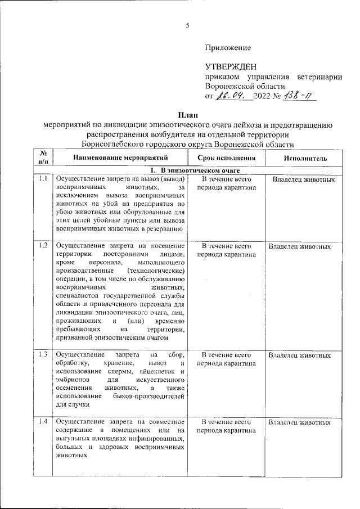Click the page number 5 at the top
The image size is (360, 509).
(188, 25)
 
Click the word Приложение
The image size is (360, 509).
(228, 48)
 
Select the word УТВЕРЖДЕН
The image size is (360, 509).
(231, 67)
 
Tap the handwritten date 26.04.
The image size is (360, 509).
(232, 96)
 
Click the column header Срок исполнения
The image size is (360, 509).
(226, 159)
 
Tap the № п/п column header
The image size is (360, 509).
(43, 157)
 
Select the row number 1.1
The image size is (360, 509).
(43, 179)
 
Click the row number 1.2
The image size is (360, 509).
(43, 246)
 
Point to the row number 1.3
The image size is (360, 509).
(43, 355)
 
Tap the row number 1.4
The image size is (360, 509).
(43, 422)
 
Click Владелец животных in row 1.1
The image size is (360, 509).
(304, 180)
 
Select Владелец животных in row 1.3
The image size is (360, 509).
(299, 356)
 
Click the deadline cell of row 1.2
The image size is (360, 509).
(226, 250)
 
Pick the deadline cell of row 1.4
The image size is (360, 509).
(226, 426)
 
